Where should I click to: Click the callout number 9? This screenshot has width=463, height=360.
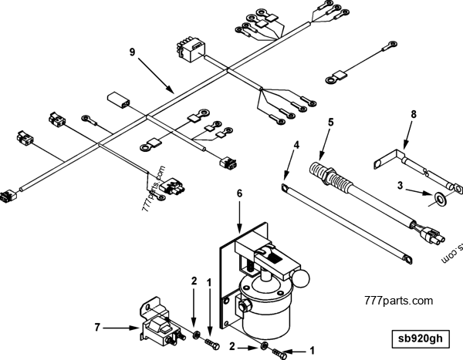132,52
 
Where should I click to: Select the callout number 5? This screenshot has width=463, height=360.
330,122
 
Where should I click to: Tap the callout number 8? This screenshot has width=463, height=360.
413,114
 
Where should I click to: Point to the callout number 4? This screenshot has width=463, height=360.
296,144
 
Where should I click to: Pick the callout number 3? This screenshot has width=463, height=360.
400,185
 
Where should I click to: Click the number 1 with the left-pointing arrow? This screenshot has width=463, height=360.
312,349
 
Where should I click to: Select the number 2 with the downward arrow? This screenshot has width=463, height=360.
194,282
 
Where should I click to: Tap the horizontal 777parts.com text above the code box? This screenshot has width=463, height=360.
398,301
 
